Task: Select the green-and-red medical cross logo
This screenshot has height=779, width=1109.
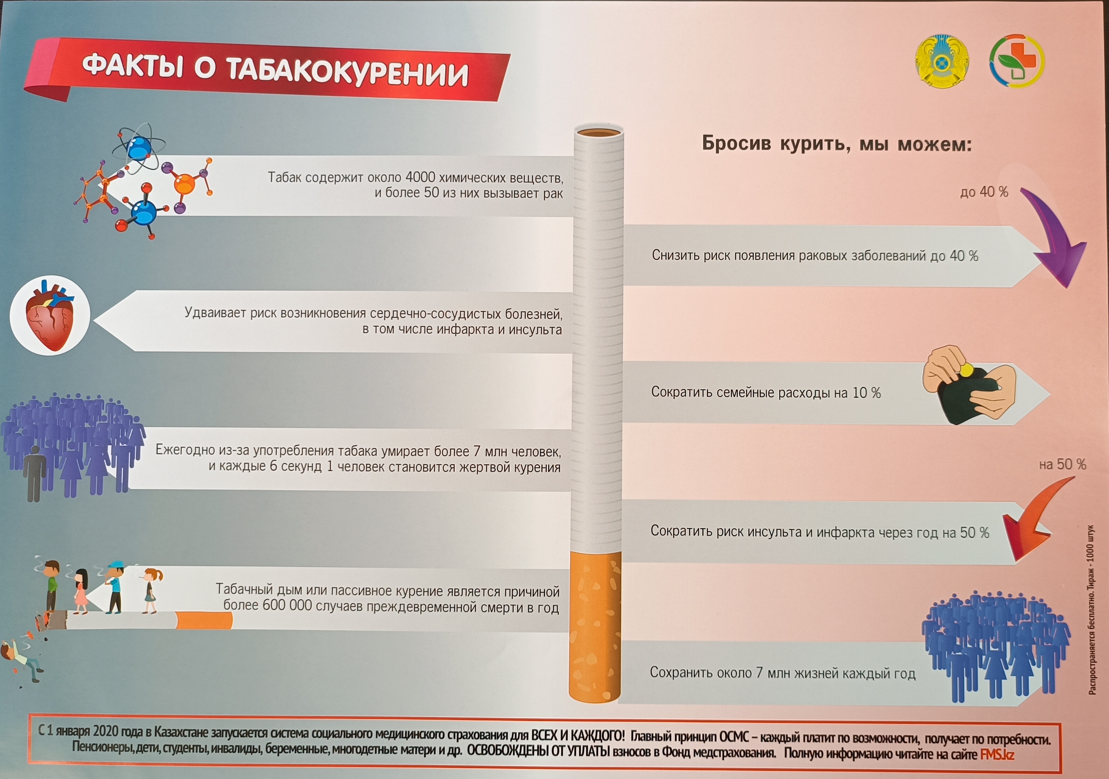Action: pyautogui.click(x=1016, y=60)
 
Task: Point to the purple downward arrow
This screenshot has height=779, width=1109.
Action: pyautogui.click(x=1053, y=236)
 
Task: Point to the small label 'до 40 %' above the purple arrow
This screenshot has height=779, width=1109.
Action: pyautogui.click(x=984, y=192)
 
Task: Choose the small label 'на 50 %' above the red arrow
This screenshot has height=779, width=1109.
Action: pyautogui.click(x=1063, y=465)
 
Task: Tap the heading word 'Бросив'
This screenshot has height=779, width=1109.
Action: pyautogui.click(x=736, y=144)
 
